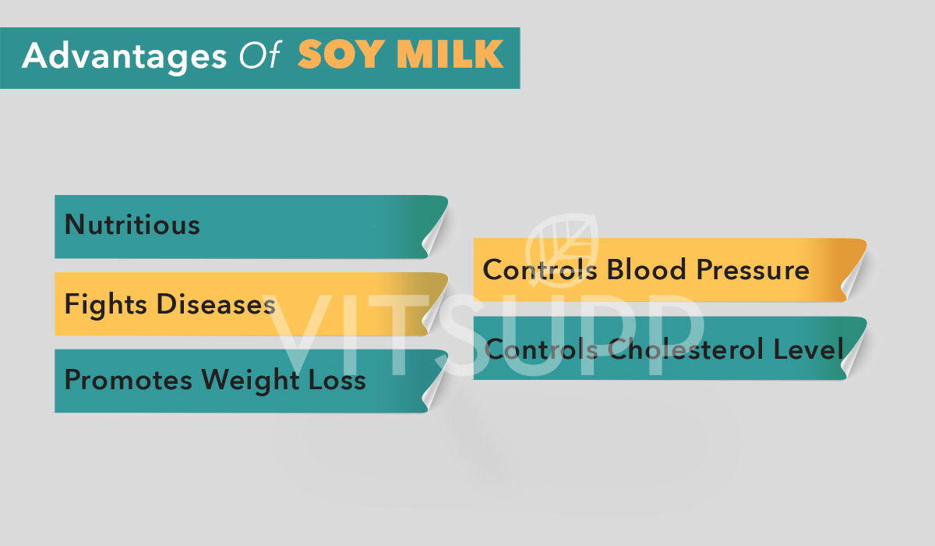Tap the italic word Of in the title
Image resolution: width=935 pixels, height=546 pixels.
tap(254, 56)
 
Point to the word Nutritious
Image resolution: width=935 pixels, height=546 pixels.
tap(132, 225)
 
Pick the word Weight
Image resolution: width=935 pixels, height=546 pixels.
tap(245, 381)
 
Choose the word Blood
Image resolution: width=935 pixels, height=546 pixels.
tap(646, 270)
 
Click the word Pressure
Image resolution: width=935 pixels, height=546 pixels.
tap(753, 270)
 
